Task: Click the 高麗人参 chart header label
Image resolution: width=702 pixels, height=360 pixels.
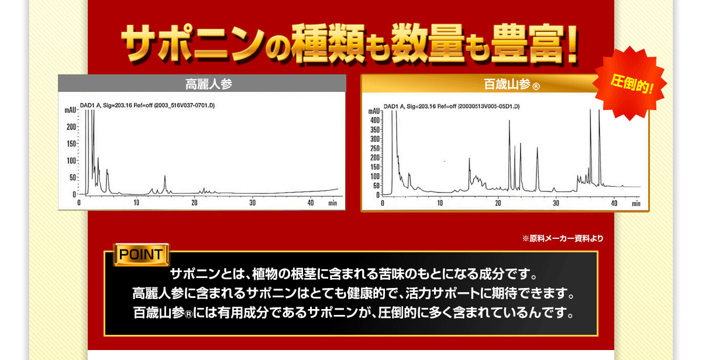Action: tap(209, 84)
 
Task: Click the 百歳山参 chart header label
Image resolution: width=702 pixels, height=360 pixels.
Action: tap(507, 84)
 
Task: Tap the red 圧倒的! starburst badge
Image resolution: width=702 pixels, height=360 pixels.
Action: tap(631, 83)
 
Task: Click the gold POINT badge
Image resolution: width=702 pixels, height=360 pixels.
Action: tap(142, 254)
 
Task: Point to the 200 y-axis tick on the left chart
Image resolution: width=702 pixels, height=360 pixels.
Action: tap(71, 127)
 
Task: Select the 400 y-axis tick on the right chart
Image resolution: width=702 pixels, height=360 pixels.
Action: tap(375, 120)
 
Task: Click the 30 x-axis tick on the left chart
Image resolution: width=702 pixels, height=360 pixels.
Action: tap(253, 203)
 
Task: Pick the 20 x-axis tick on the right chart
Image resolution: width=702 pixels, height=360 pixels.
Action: tap(498, 203)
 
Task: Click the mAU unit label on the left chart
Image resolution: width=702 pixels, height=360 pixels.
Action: tap(71, 110)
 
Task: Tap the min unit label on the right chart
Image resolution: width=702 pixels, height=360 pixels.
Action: tap(636, 204)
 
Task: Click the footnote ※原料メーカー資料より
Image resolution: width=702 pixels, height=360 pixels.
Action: tap(563, 239)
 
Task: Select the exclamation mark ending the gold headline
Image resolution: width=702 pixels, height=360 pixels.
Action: tap(571, 44)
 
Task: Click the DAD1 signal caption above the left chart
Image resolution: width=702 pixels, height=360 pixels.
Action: tap(147, 105)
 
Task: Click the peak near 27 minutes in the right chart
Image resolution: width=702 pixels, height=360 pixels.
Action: tap(537, 169)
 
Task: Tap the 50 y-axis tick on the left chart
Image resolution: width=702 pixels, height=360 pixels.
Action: tap(73, 177)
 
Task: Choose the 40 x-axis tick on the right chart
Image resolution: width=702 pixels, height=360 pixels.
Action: tap(614, 203)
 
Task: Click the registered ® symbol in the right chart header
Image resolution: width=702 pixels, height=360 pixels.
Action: tap(536, 86)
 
